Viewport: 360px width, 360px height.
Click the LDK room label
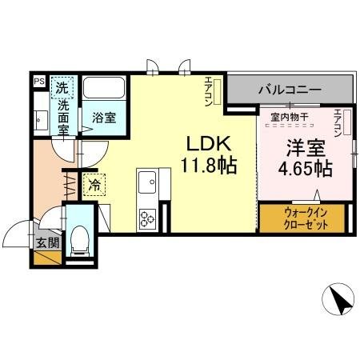tap(210, 145)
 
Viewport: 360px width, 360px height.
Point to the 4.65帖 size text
tap(305, 169)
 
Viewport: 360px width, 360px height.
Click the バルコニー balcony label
tap(289, 90)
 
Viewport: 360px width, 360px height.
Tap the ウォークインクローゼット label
tap(303, 217)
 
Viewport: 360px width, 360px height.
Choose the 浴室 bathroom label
tap(102, 118)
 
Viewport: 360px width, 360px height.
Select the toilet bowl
tap(79, 239)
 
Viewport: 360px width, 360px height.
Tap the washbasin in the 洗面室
tap(40, 121)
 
